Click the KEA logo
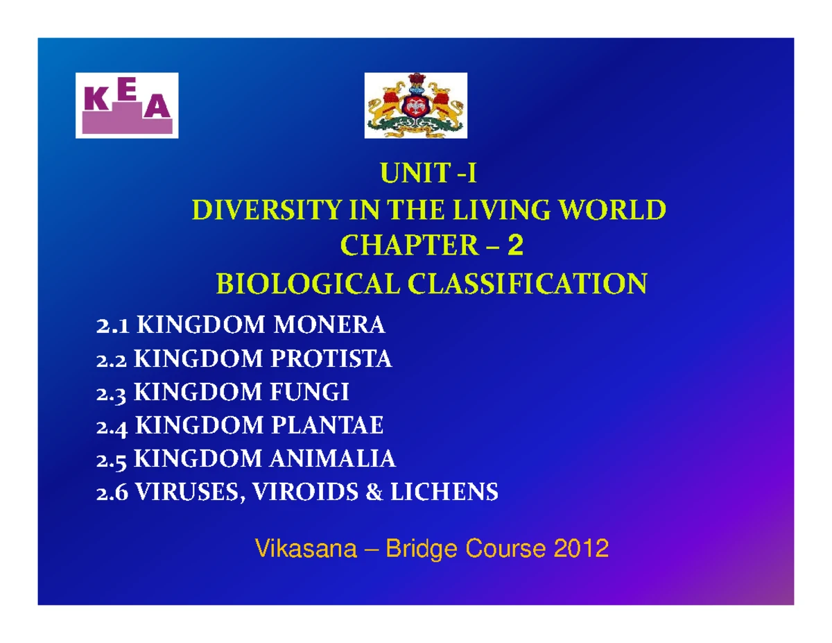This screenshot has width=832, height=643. pyautogui.click(x=127, y=105)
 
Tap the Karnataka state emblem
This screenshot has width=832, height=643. pyautogui.click(x=415, y=105)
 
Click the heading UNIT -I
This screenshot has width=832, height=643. pyautogui.click(x=428, y=173)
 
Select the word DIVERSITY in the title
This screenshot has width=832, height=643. pyautogui.click(x=266, y=210)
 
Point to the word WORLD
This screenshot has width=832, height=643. pyautogui.click(x=613, y=210)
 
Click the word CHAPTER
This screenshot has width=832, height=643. pyautogui.click(x=409, y=245)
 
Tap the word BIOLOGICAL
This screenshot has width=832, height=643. pyautogui.click(x=308, y=284)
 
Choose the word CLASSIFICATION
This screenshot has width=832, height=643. pyautogui.click(x=527, y=284)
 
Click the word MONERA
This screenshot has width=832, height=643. pyautogui.click(x=329, y=325)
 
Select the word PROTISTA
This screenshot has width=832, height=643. pyautogui.click(x=331, y=359)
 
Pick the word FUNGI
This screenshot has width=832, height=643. pyautogui.click(x=309, y=392)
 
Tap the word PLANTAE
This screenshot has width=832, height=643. pyautogui.click(x=327, y=425)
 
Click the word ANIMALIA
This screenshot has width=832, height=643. pyautogui.click(x=332, y=458)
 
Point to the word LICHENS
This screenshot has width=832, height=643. pyautogui.click(x=444, y=492)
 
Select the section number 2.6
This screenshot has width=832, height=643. pyautogui.click(x=112, y=493)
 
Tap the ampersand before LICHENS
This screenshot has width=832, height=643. pyautogui.click(x=374, y=492)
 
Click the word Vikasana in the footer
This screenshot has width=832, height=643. pyautogui.click(x=306, y=549)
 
